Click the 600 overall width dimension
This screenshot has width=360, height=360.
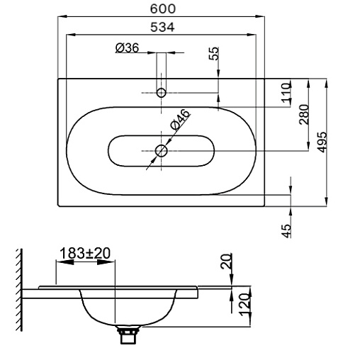coord(163,9)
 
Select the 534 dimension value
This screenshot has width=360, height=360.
coord(163,27)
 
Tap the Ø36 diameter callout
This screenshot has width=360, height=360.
coord(128,48)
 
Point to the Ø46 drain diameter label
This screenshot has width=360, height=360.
coord(180,120)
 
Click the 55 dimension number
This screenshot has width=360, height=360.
coord(214,54)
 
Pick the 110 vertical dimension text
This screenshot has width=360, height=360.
coord(286,93)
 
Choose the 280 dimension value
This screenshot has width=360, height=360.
coord(304,115)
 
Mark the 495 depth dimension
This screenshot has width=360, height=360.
coord(322,142)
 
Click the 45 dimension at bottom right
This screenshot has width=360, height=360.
coord(286,231)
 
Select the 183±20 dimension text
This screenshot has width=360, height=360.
coord(85,253)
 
